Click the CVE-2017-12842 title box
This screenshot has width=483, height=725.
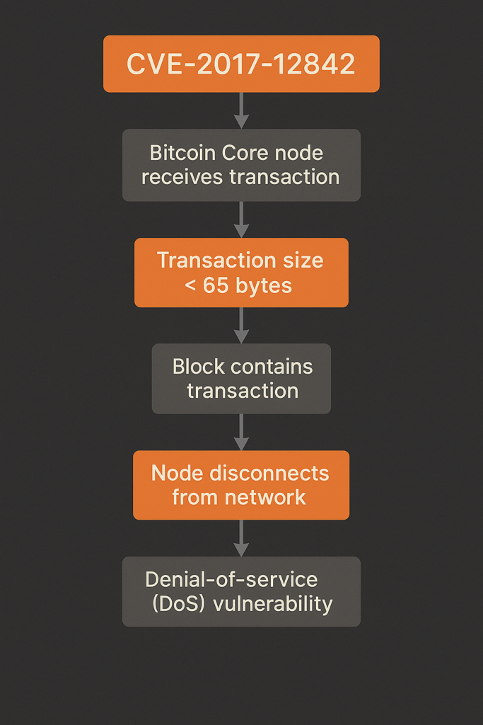coord(241,64)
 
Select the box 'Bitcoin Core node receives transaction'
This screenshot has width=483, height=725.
coord(241,165)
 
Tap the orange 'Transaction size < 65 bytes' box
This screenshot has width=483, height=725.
coord(241,273)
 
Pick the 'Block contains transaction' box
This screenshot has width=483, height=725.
coord(241,379)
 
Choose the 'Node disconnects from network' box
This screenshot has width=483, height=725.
coord(241,485)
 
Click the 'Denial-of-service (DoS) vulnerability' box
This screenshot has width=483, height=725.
coord(241,591)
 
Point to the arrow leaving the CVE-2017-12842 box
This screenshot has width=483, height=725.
coord(241,110)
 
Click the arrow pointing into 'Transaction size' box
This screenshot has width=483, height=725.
coord(241,219)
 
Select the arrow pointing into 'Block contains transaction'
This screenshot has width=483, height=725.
coord(241,326)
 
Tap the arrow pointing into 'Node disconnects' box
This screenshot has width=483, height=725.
coord(241,432)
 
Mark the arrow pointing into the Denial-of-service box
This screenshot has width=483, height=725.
coord(241,538)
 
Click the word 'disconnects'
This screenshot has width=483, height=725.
coord(272,473)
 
